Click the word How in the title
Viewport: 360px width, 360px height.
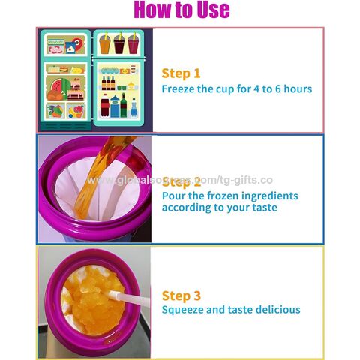tap(154, 10)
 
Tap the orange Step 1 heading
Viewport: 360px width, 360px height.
tap(181, 73)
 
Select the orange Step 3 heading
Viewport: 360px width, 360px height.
tap(181, 295)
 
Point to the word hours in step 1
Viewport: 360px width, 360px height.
tap(295, 88)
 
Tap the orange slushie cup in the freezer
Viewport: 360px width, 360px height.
tap(105, 44)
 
